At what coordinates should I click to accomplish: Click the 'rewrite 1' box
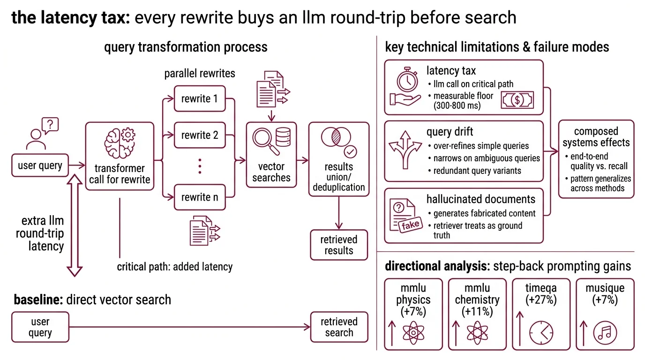click(x=200, y=98)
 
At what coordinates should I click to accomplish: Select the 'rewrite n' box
click(x=200, y=197)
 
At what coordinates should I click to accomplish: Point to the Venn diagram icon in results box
click(x=336, y=139)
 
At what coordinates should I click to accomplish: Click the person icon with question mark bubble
click(x=39, y=134)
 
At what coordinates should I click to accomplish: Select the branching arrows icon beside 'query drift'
click(x=405, y=150)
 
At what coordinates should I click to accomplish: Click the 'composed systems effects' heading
click(x=596, y=137)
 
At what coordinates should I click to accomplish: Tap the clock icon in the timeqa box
click(x=541, y=333)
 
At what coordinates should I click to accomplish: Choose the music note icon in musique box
click(x=605, y=333)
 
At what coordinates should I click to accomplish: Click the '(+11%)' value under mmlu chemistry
click(x=477, y=311)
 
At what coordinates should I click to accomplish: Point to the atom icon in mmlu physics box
click(x=413, y=332)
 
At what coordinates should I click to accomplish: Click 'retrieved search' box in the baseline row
click(x=339, y=327)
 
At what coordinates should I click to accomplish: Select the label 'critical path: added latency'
click(x=174, y=267)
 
